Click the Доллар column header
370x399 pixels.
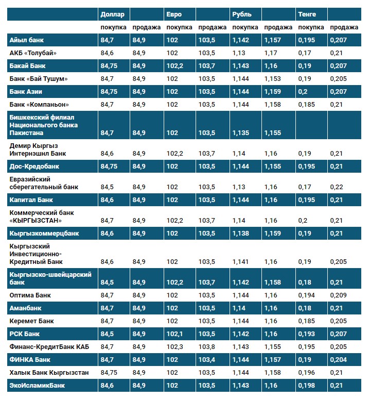112,14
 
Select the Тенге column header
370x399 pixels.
307,14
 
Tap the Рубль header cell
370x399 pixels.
242,14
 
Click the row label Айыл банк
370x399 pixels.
26,40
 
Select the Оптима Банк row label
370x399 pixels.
30,295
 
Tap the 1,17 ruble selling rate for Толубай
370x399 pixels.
271,53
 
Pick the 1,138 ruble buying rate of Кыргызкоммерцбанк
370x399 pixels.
241,233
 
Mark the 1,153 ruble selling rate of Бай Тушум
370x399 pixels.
273,78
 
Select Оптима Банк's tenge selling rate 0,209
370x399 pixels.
338,295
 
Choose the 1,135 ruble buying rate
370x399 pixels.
241,132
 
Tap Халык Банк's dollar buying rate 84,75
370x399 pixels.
110,372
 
